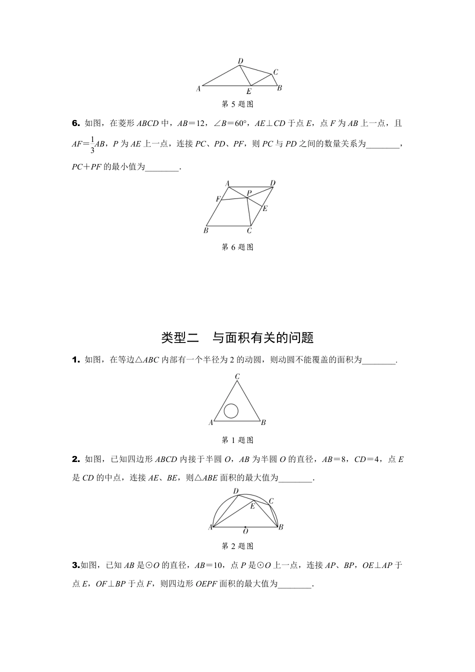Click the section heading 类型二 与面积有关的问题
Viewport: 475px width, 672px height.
[237, 338]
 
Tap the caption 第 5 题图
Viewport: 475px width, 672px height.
[237, 104]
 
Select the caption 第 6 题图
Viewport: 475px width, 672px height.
[237, 247]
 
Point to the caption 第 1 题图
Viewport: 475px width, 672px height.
[237, 440]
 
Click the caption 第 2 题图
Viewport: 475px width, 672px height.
[237, 546]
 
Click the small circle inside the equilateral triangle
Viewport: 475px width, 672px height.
[231, 410]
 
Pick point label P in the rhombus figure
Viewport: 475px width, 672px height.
[249, 192]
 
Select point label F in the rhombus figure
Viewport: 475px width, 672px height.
[218, 199]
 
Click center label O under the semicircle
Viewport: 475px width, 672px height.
[245, 532]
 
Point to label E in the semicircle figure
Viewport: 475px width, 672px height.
[252, 506]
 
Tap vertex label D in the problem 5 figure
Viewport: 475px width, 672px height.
[240, 61]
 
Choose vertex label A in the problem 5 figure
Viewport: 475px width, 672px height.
[198, 88]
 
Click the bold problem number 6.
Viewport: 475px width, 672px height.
[76, 123]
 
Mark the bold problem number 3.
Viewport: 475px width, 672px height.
[76, 565]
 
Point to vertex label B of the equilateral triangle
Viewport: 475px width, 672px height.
[263, 423]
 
